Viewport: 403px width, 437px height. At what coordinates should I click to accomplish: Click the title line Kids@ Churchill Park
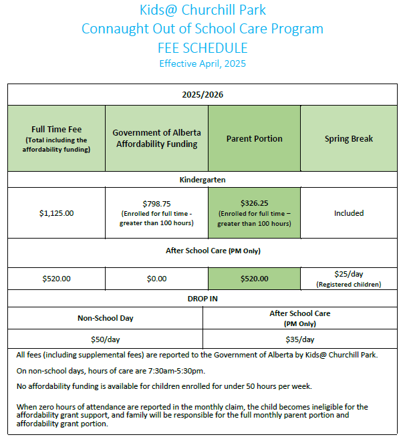click(203, 10)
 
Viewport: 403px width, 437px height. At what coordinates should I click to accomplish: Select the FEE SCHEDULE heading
click(203, 47)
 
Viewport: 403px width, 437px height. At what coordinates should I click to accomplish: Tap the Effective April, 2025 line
click(203, 63)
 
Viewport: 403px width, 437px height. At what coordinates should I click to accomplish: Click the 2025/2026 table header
click(203, 95)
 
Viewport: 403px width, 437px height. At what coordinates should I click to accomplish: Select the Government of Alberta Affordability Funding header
click(156, 138)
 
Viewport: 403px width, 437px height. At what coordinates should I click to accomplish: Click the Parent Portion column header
click(254, 138)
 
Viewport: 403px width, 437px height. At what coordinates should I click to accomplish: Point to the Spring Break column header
click(349, 138)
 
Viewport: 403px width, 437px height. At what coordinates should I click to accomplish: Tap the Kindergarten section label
click(203, 180)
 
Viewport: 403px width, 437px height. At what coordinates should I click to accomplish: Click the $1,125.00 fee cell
click(57, 213)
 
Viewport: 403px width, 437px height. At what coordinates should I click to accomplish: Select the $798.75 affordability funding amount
click(156, 203)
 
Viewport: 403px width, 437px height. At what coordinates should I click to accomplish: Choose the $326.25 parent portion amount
click(254, 203)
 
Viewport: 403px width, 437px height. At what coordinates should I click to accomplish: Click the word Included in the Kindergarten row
click(349, 213)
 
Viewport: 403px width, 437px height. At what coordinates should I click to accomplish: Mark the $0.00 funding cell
click(156, 279)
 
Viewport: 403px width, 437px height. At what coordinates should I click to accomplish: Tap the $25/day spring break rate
click(349, 274)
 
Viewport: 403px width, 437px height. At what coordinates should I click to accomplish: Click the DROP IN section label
click(203, 299)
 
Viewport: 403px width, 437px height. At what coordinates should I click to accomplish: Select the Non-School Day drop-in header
click(105, 318)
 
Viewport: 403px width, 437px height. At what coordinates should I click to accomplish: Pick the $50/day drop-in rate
click(105, 339)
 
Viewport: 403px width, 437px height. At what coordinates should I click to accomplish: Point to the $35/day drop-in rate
click(300, 339)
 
